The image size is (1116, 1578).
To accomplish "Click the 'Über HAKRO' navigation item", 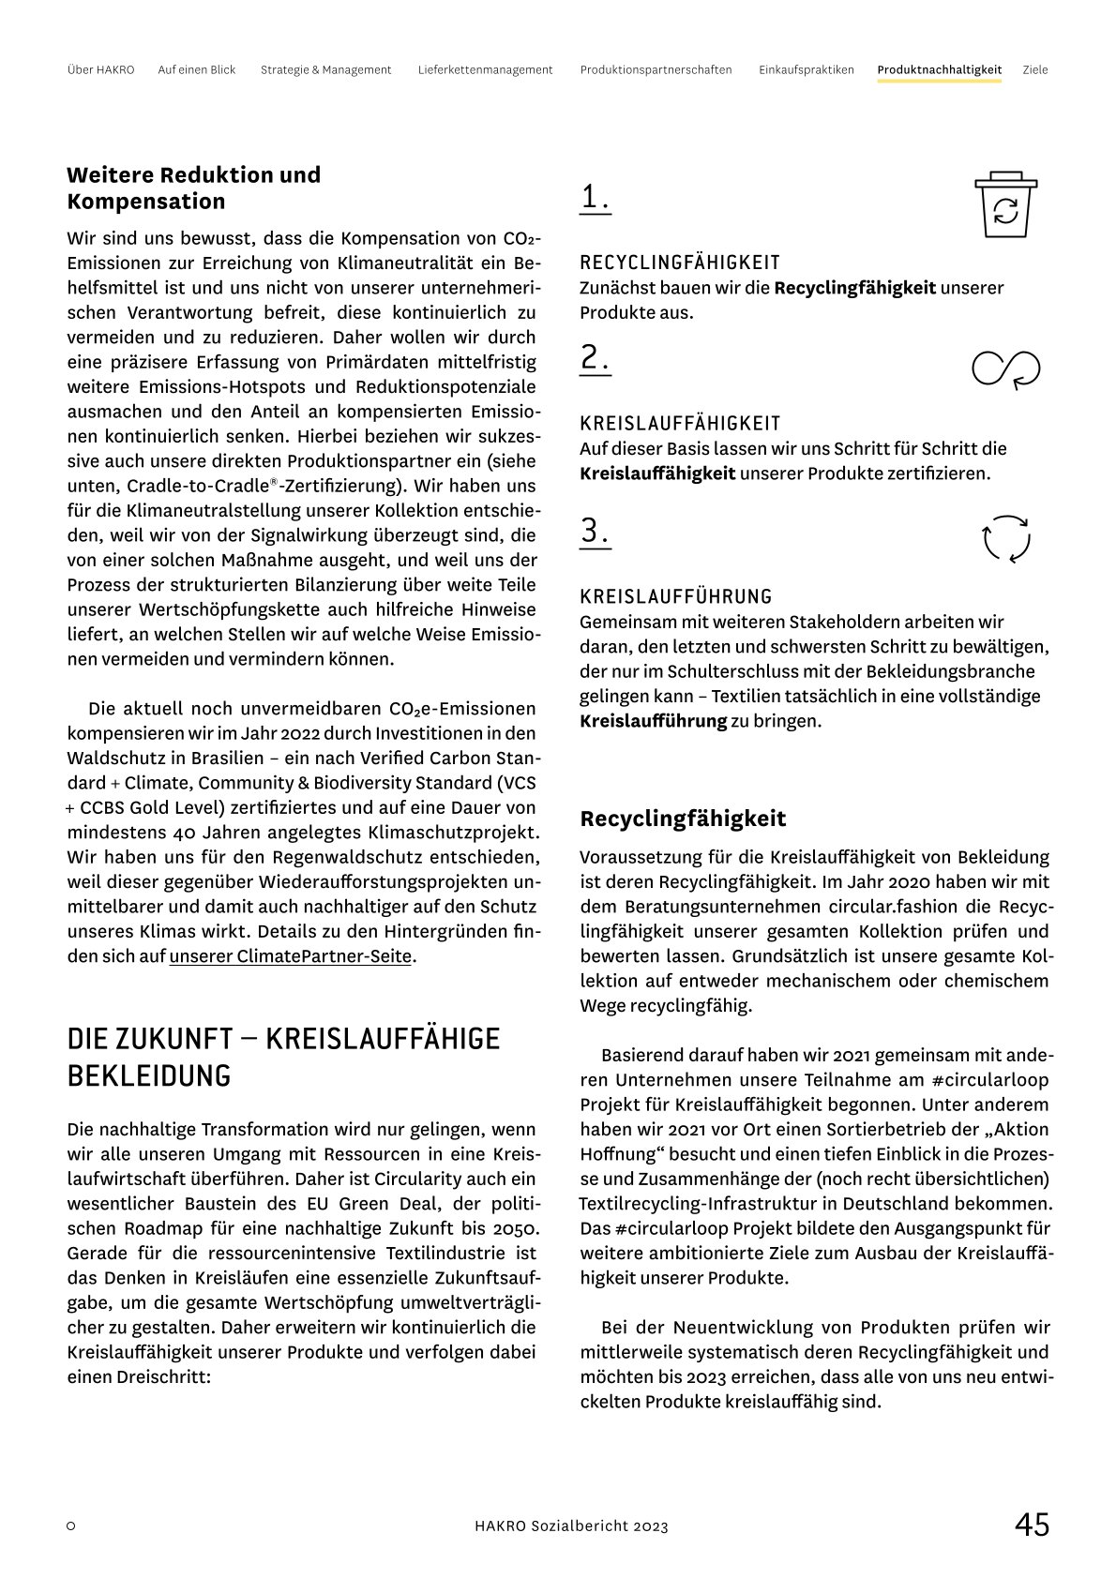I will tap(100, 69).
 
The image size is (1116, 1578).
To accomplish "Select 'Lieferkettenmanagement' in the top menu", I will tap(485, 69).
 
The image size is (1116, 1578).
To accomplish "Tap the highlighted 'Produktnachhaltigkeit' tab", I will tap(939, 69).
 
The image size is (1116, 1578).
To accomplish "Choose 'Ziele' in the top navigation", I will tap(1034, 69).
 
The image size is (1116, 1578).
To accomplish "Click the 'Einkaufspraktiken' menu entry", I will tap(806, 69).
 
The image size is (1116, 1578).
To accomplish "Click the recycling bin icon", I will tap(1004, 204).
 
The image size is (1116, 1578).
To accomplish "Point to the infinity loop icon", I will tap(1005, 368).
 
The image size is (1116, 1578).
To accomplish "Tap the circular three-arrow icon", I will tap(1005, 539).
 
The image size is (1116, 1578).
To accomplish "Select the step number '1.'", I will tap(595, 197).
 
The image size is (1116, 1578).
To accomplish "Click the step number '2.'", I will tap(595, 358).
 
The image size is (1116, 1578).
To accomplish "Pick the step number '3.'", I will tap(595, 531).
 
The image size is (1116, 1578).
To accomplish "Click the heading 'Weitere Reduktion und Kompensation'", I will tap(193, 188).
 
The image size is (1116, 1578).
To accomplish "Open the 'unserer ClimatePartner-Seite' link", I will tap(290, 956).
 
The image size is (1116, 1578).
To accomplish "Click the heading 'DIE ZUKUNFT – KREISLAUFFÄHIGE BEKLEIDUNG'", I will tap(283, 1057).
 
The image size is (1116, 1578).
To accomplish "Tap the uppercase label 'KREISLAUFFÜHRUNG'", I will tap(675, 596).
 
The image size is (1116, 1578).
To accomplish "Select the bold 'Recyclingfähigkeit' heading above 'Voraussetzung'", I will tap(683, 819).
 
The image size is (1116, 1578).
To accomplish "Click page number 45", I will tap(1031, 1525).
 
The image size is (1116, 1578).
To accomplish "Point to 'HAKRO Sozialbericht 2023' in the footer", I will tap(571, 1526).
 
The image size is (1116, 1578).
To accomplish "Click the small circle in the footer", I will tap(71, 1526).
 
